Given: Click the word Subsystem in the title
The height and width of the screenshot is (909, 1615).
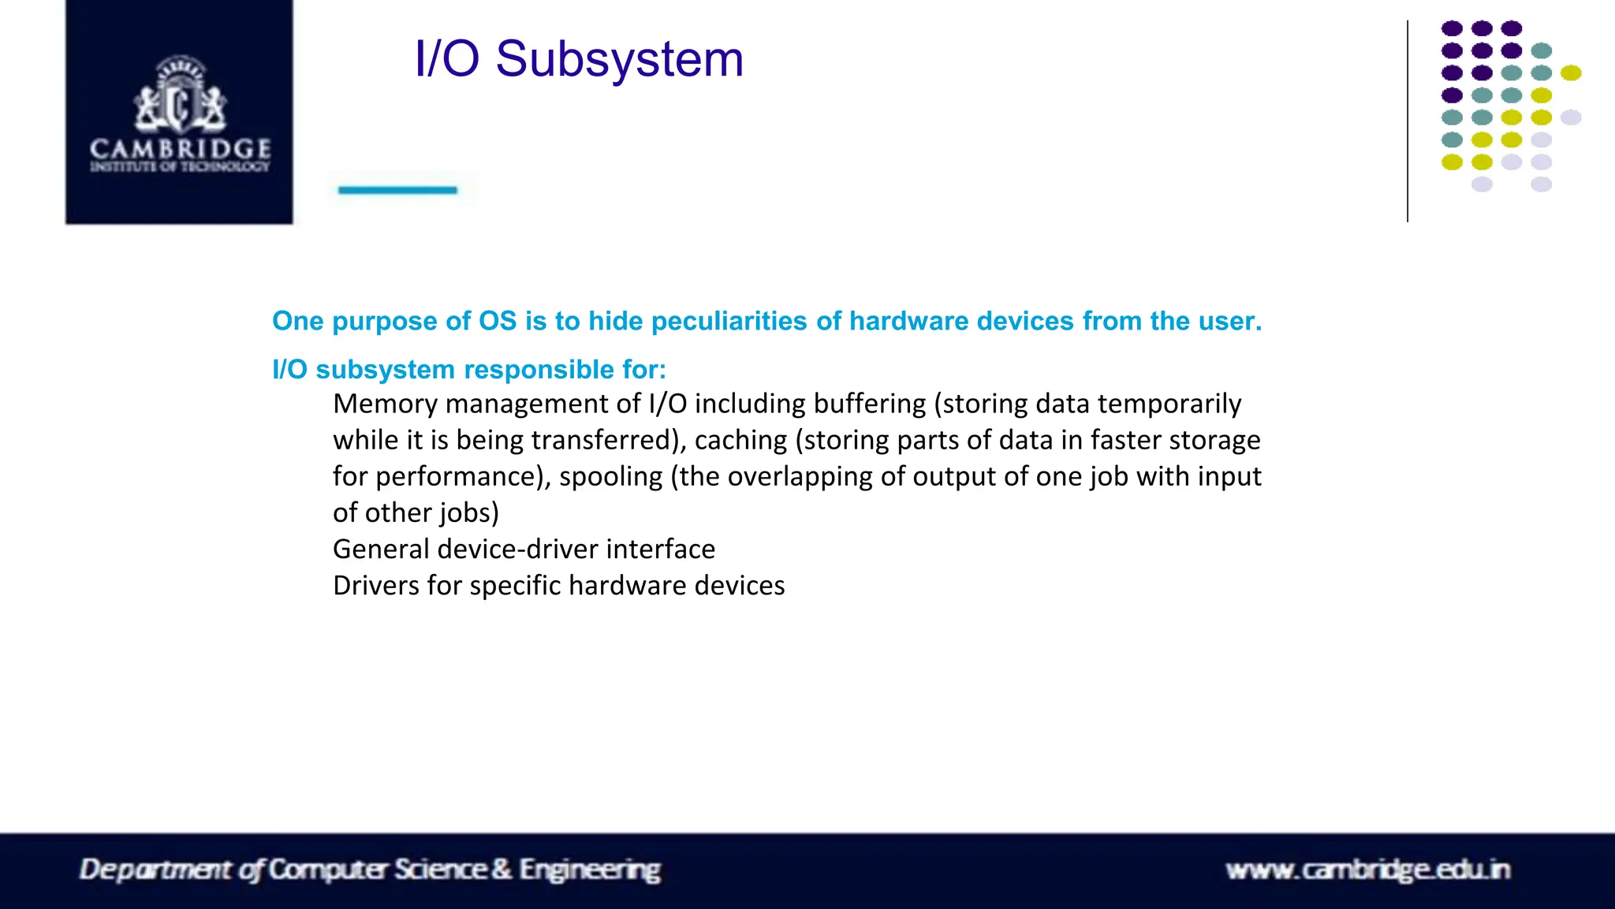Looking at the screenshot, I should [619, 60].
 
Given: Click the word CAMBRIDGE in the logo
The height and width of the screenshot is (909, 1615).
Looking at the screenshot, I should [181, 148].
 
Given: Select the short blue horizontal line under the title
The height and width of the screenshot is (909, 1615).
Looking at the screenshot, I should [397, 190].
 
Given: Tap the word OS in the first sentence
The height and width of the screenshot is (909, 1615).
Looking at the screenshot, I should [498, 322].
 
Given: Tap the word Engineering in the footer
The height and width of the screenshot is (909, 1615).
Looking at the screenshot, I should [590, 870].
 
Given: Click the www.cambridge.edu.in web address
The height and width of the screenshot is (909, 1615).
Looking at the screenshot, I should [1367, 870].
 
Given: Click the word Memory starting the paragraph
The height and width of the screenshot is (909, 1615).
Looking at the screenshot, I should [385, 404].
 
